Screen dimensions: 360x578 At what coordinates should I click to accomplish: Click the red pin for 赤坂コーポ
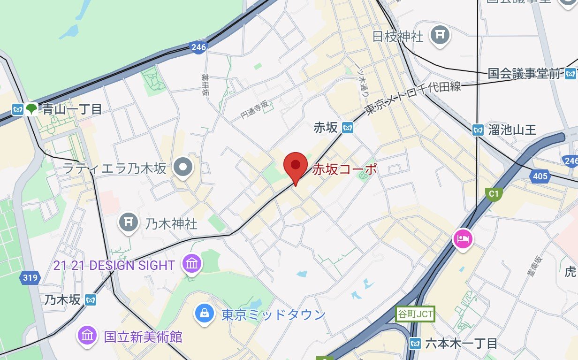click(296, 166)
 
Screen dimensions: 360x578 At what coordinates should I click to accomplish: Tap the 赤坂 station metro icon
click(347, 127)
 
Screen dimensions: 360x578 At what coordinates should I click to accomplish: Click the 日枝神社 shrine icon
click(441, 35)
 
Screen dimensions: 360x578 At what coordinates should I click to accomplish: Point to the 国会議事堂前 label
click(524, 73)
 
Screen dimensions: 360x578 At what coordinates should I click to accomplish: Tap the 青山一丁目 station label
click(72, 110)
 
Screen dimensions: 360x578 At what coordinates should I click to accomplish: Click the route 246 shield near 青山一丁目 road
click(198, 47)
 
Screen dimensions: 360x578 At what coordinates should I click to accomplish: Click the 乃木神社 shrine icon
click(128, 222)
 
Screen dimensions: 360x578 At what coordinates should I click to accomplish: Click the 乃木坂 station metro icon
click(91, 299)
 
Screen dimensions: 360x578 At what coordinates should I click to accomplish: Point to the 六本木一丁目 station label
click(461, 344)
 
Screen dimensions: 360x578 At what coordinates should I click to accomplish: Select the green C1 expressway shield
click(493, 193)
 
